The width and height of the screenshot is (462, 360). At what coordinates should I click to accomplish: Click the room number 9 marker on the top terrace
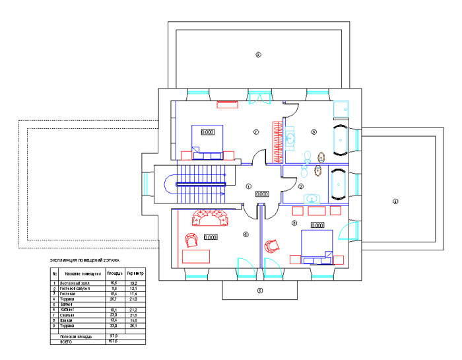259,55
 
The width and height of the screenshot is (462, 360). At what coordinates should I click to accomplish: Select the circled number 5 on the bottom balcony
259,291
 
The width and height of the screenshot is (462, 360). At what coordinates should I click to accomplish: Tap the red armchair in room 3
272,246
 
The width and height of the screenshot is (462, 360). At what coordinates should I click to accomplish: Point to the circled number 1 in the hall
249,186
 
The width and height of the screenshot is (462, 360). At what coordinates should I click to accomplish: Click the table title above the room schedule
84,262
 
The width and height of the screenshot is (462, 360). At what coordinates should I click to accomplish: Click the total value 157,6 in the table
113,342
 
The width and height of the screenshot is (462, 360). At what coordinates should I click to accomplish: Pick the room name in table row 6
73,309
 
